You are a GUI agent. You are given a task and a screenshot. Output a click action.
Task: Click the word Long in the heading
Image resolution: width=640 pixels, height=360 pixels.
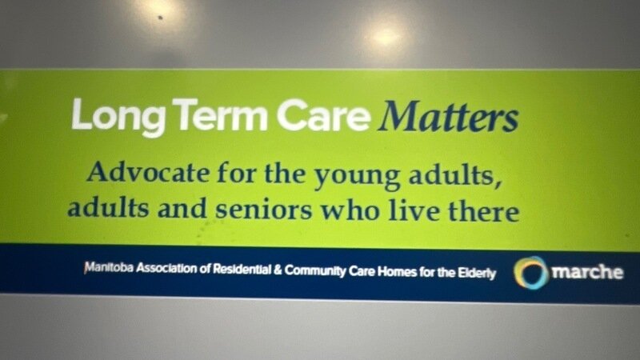click(118, 117)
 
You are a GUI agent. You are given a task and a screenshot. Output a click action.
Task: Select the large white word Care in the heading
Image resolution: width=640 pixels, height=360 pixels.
click(323, 115)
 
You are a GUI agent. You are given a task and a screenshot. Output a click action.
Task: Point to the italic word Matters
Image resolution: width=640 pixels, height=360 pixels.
click(448, 117)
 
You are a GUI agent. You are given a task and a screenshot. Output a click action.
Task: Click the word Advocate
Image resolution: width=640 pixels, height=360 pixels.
click(149, 172)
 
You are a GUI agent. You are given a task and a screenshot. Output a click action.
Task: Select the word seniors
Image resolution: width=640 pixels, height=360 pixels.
click(263, 210)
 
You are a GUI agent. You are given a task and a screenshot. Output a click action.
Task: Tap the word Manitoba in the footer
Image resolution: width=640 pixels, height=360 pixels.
click(109, 268)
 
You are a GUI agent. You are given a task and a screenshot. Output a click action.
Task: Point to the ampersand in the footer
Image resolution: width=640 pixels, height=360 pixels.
click(278, 270)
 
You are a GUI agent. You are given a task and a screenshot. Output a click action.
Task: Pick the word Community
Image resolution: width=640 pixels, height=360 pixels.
click(315, 271)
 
